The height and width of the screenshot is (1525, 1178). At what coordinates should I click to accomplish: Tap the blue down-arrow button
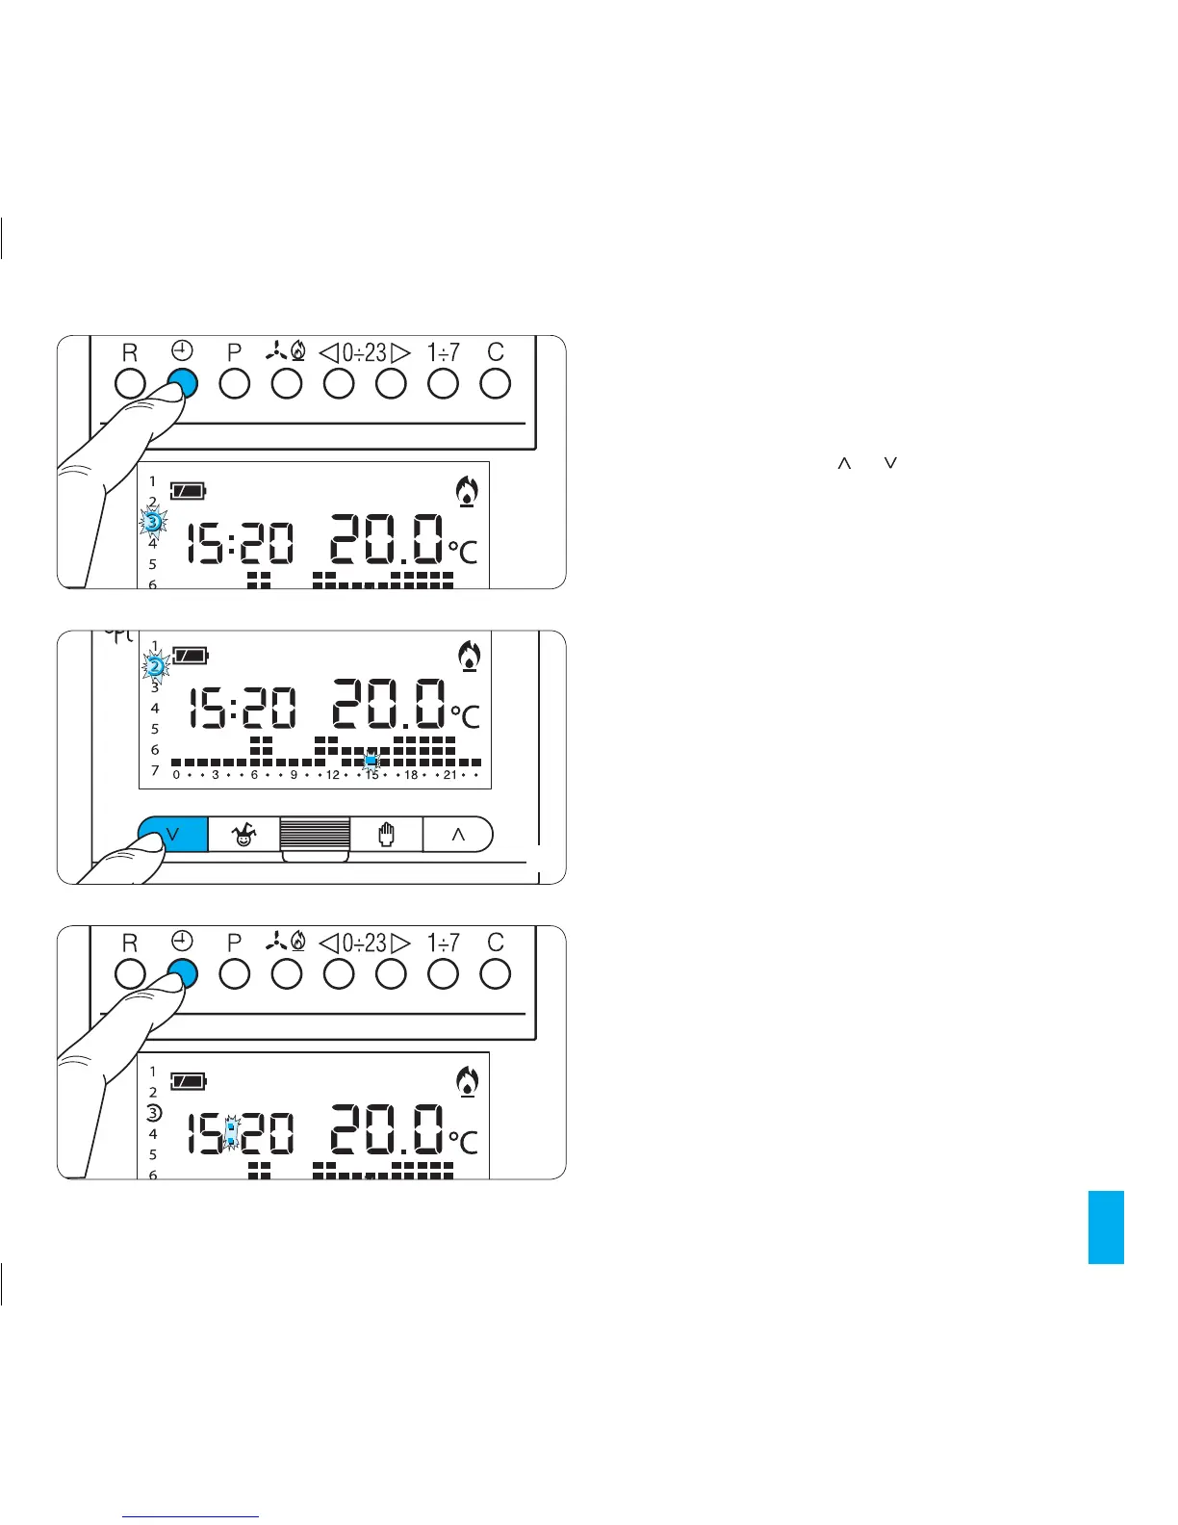173,834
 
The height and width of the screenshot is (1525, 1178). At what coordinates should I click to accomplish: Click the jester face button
244,835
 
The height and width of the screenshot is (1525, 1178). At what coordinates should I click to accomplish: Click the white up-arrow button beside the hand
458,835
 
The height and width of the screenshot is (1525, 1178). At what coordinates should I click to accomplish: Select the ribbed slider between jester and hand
315,834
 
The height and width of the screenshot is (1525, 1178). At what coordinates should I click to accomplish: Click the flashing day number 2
155,665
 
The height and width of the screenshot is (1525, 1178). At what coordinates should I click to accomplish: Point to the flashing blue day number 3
152,522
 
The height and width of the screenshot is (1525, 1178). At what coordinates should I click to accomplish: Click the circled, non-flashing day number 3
153,1113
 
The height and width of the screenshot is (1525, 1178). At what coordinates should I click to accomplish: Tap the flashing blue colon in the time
231,1133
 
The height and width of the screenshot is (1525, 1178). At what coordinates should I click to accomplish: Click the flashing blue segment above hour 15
371,761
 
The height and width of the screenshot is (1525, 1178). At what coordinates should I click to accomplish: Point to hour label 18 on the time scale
411,775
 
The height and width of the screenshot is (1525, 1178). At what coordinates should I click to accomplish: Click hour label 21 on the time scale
449,775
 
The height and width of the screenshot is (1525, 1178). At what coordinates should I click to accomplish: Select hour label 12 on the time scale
333,775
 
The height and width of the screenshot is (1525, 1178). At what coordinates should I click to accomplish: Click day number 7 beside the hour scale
154,770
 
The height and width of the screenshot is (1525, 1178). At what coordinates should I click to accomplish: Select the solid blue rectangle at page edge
1106,1227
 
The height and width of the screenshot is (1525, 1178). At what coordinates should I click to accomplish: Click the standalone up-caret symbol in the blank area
844,464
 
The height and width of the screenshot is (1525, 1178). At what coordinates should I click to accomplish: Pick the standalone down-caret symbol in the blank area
890,464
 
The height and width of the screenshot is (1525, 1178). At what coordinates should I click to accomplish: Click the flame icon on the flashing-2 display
469,656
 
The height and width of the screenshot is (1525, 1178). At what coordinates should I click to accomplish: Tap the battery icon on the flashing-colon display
189,1081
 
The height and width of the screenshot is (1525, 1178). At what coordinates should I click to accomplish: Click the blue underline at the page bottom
192,1516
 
